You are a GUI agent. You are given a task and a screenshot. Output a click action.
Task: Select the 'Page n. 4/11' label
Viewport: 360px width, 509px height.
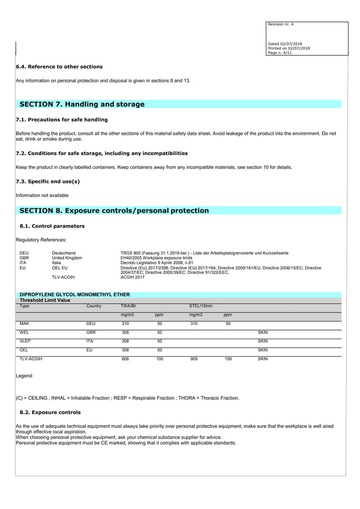click(x=282, y=52)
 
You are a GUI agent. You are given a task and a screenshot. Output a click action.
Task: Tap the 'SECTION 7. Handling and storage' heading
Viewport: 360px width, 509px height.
click(x=82, y=104)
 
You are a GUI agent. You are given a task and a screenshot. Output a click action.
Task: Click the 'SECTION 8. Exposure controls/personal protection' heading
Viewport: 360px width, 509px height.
click(x=114, y=210)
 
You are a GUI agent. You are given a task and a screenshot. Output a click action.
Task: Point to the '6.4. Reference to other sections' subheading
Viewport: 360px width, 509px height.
click(x=59, y=67)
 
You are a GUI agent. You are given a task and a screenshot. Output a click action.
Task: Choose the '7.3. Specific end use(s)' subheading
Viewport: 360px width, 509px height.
click(x=47, y=181)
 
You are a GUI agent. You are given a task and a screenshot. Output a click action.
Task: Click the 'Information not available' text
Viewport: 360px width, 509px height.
click(x=42, y=195)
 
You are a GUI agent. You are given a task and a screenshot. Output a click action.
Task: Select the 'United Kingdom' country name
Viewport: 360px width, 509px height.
click(x=67, y=258)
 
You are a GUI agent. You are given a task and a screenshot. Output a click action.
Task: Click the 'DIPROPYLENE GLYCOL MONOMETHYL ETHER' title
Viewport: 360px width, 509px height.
click(x=75, y=295)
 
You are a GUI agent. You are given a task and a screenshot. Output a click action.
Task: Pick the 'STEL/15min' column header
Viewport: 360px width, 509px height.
click(x=200, y=306)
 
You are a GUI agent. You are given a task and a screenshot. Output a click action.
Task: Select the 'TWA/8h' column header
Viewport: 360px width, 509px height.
click(x=129, y=306)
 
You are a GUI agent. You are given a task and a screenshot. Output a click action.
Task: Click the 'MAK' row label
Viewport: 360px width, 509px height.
click(x=24, y=324)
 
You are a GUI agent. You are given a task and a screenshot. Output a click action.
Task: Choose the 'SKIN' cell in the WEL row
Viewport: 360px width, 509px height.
click(x=262, y=333)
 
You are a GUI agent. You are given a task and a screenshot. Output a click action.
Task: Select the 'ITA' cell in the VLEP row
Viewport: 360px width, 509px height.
click(x=90, y=341)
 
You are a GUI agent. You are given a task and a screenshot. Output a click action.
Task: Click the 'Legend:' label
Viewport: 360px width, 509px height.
click(x=25, y=375)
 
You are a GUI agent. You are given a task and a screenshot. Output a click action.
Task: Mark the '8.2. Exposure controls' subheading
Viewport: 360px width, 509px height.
click(x=50, y=412)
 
